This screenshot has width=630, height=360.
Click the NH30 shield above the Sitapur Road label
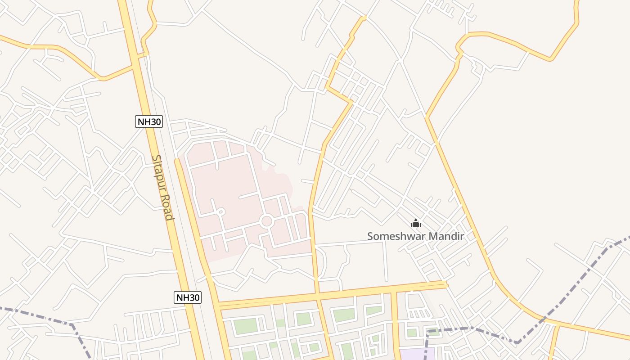tap(148, 121)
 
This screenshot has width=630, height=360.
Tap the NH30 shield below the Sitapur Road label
tap(188, 297)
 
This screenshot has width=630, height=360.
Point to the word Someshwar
tap(393, 236)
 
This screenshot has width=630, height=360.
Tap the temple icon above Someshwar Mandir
tap(415, 223)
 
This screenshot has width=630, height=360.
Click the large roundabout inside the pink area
tap(266, 221)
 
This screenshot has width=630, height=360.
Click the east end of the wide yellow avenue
tap(445, 284)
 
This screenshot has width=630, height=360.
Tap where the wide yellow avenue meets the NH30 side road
tap(217, 306)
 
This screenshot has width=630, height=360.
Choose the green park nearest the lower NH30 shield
tap(246, 326)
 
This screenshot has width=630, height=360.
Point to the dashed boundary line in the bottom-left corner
tap(45, 316)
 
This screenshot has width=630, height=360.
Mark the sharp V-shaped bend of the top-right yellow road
tap(549, 59)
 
